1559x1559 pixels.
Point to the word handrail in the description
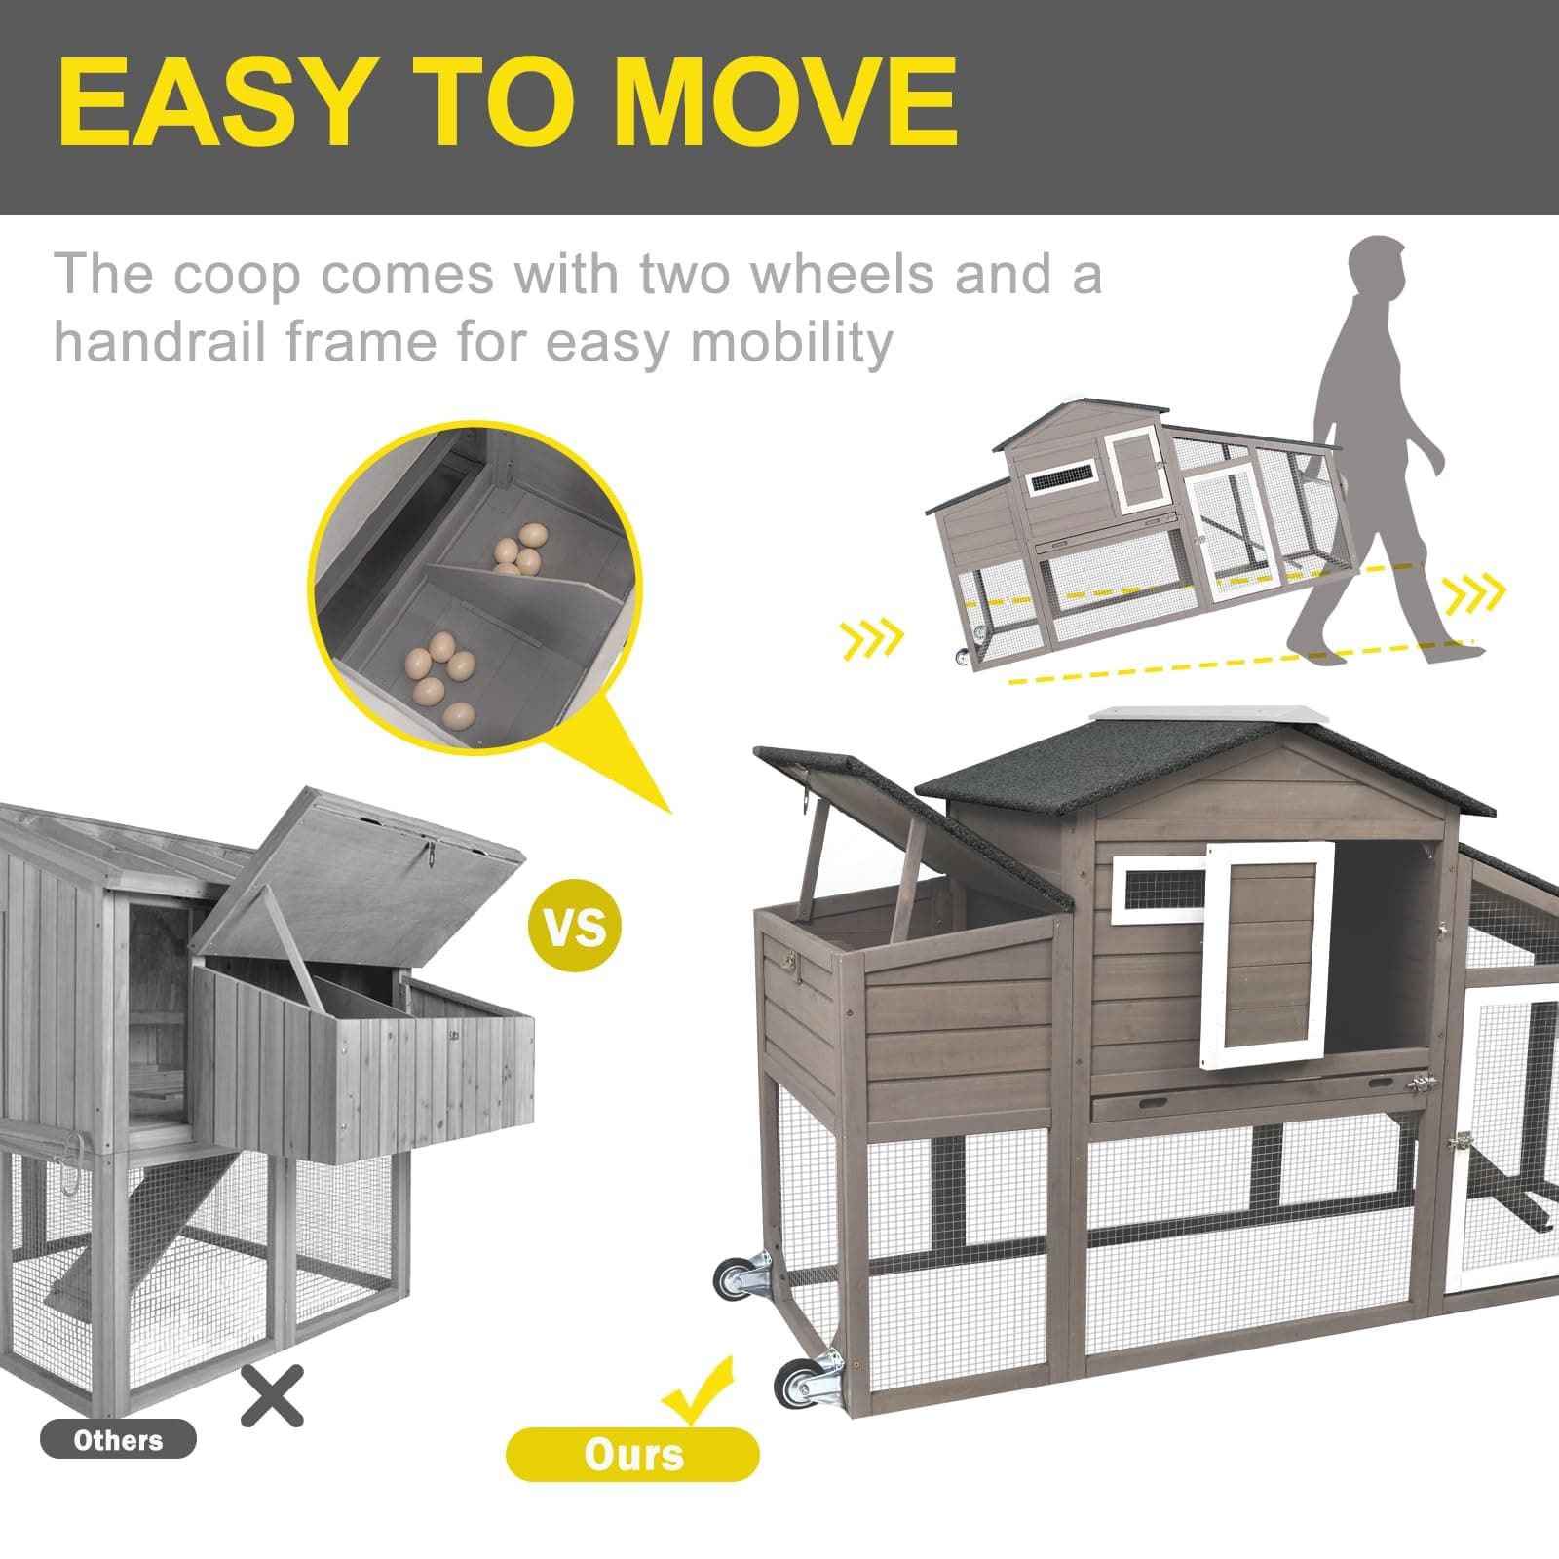tap(160, 342)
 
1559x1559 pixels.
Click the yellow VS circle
tap(574, 925)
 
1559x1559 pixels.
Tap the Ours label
tap(632, 1455)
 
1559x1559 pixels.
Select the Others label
tap(118, 1440)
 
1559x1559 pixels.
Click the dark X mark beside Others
tap(272, 1395)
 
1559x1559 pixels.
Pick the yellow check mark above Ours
tap(698, 1389)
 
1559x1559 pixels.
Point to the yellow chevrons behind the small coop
tap(872, 638)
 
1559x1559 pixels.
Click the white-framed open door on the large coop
tap(1267, 953)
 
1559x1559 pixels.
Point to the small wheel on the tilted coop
tap(963, 658)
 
